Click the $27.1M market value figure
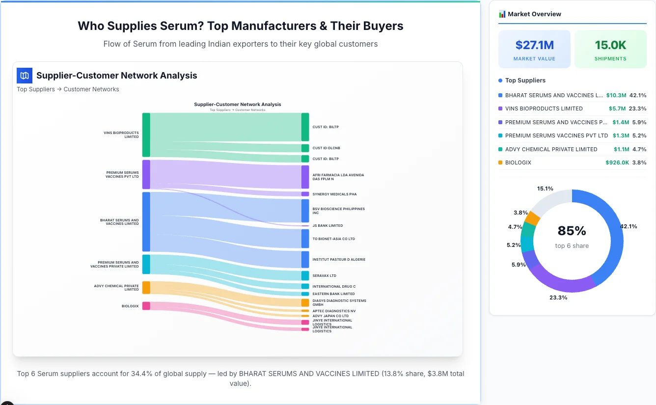tap(534, 45)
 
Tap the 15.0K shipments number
tap(610, 45)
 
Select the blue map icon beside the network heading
tap(25, 76)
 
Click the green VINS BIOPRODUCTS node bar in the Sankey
tap(146, 135)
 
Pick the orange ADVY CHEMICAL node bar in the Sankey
tap(146, 287)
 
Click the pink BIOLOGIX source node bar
tap(146, 306)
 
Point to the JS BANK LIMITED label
tap(328, 226)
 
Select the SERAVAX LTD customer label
tap(324, 276)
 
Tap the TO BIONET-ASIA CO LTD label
tap(333, 239)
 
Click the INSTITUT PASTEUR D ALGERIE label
tap(339, 260)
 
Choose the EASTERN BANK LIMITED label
tap(333, 294)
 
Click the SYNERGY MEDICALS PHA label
tap(334, 194)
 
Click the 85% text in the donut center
tap(572, 231)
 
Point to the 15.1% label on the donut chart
tap(545, 189)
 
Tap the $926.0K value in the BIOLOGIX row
tap(617, 162)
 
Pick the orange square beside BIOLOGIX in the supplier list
tap(500, 162)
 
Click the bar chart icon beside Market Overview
tap(502, 14)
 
